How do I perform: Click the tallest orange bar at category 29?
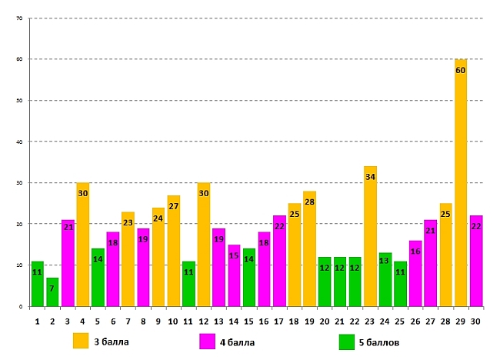pos(461,185)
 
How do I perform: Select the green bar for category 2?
pos(52,292)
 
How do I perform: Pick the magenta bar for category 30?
pos(475,262)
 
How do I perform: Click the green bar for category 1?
pos(37,285)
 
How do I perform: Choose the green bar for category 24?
pos(385,280)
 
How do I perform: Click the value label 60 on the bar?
pos(461,71)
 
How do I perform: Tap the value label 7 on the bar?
pos(52,288)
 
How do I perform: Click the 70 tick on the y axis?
pos(18,18)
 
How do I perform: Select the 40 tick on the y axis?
pos(18,142)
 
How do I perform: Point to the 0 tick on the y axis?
pos(21,306)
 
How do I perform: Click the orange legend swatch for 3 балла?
pos(81,342)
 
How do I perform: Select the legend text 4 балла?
pos(238,342)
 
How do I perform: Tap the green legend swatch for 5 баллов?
pos(346,342)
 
